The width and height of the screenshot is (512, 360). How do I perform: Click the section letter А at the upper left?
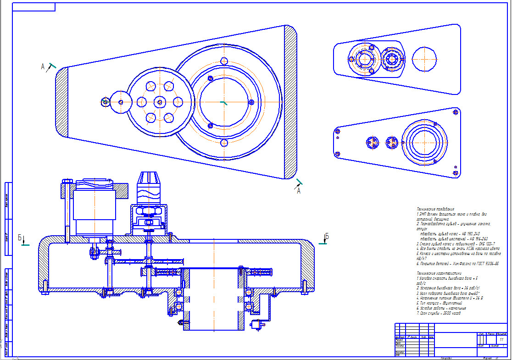tap(43, 67)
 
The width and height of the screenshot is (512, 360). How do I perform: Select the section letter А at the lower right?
tap(299, 191)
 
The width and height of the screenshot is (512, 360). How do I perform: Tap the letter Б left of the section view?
tap(20, 238)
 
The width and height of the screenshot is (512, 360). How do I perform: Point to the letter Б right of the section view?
tap(327, 237)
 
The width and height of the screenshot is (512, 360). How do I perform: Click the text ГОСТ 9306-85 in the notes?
tap(486, 264)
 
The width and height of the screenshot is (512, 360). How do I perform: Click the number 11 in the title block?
tap(501, 340)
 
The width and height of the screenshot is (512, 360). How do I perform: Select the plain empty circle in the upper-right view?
tap(424, 59)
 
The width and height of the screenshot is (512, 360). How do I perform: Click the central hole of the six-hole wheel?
tap(159, 102)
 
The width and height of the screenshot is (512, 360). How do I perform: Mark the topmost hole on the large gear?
tap(224, 61)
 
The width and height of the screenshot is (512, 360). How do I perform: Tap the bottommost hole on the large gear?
tap(224, 143)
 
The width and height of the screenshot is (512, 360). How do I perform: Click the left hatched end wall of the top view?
tap(62, 101)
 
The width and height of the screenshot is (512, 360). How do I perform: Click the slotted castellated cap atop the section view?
tap(149, 177)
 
